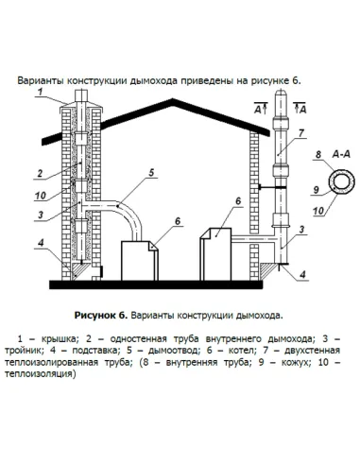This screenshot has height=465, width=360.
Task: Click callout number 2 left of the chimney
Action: click(x=40, y=173)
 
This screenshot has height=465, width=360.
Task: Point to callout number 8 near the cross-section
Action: click(x=318, y=152)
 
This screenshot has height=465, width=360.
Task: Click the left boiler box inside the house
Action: click(x=139, y=261)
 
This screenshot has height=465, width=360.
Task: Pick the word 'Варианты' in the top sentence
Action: click(x=44, y=80)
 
